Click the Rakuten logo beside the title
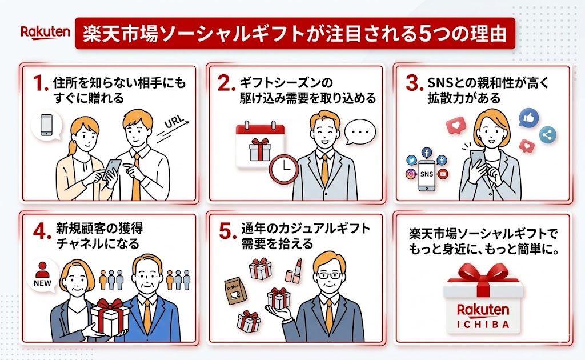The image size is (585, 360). [x=45, y=31]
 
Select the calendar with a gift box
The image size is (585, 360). [x=260, y=145]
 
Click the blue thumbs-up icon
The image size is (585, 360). [x=528, y=117]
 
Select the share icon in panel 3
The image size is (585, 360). [x=548, y=135]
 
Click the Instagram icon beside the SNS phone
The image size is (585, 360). [x=410, y=174]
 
